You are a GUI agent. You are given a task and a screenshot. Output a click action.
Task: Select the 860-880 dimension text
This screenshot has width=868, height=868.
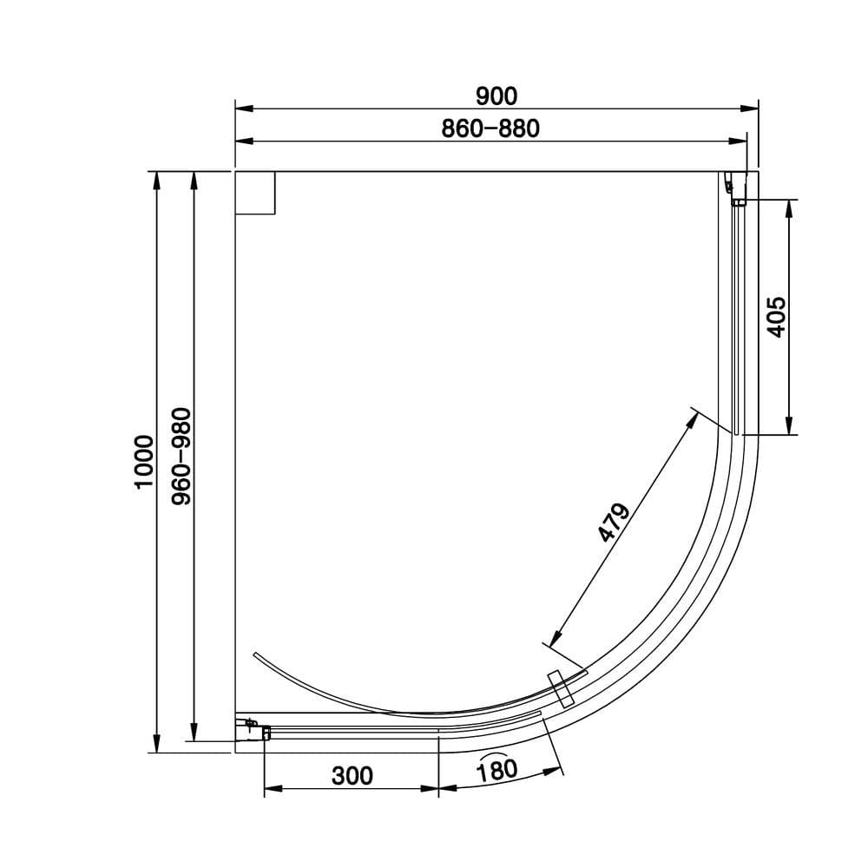click(x=490, y=129)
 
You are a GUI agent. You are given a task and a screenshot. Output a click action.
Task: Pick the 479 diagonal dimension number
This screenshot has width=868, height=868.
click(x=614, y=522)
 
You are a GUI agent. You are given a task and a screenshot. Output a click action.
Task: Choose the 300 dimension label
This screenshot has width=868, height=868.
click(x=352, y=774)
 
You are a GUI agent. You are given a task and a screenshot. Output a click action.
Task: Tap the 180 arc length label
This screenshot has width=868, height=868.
click(x=497, y=769)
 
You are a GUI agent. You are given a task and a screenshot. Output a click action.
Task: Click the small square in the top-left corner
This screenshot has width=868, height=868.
click(x=256, y=193)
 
